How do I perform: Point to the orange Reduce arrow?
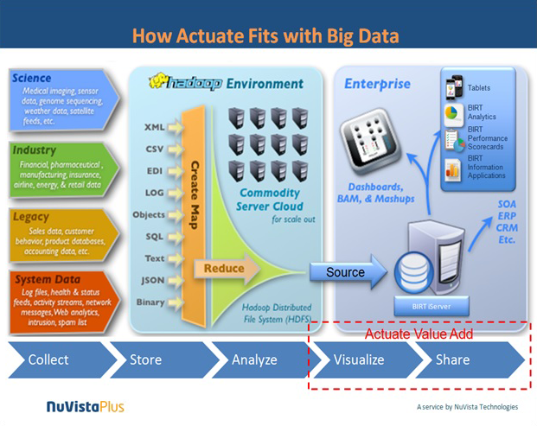(224, 269)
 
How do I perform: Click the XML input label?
(154, 127)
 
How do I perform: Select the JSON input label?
(152, 280)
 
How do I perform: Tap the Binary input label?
(150, 302)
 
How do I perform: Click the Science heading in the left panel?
(32, 79)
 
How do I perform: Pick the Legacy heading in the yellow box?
(31, 216)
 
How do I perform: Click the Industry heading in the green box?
(35, 149)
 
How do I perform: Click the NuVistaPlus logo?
(85, 405)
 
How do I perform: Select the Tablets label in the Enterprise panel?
(478, 88)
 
